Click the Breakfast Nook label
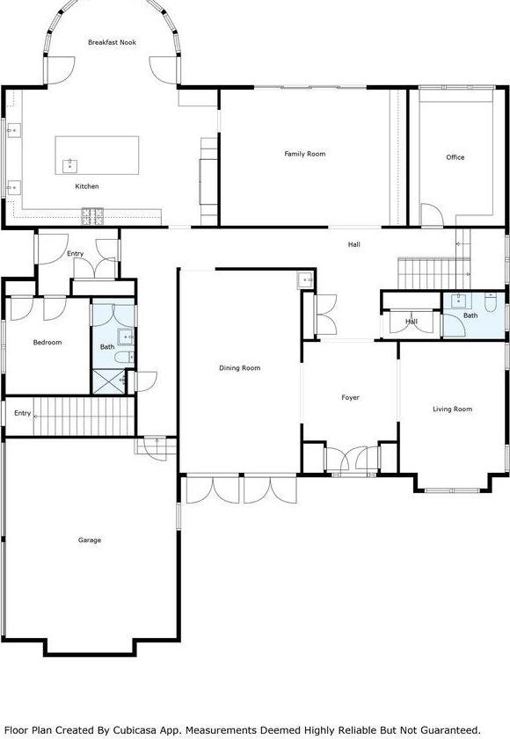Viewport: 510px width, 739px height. coord(111,42)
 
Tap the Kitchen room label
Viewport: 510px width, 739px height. coord(86,186)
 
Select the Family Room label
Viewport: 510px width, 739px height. coord(304,154)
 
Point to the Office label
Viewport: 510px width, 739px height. coord(455,157)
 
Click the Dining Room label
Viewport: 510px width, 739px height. coord(239,368)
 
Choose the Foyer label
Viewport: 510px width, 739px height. coord(350,398)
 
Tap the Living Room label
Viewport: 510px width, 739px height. coord(452,409)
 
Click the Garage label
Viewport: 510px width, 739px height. coord(89,540)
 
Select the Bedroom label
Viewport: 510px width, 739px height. coord(47,342)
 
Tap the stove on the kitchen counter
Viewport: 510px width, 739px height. coord(92,214)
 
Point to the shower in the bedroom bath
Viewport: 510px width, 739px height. coord(109,380)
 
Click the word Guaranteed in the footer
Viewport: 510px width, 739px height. coord(443,729)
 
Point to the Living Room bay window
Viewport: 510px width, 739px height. coord(451,485)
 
